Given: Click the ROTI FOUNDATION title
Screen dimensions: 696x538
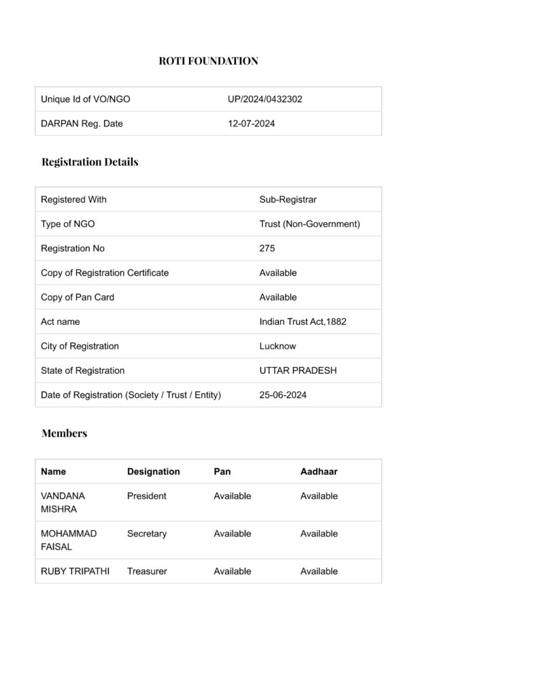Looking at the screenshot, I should [208, 61].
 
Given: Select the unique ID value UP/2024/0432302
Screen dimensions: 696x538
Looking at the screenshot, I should [265, 99].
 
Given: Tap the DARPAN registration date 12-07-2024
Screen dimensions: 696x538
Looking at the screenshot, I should [251, 124].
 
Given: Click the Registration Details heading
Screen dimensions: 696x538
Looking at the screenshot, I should [90, 162].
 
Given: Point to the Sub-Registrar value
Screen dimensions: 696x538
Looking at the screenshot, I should [288, 200].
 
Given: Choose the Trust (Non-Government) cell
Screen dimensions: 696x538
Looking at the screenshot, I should [309, 224].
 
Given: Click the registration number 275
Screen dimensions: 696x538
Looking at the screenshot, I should [267, 249].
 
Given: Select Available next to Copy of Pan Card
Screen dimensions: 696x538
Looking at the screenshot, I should [278, 298].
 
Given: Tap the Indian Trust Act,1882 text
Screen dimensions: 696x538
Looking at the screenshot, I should [303, 322].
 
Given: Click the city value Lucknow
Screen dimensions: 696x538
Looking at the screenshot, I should [278, 347].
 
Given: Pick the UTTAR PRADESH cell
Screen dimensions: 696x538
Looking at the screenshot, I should [298, 371].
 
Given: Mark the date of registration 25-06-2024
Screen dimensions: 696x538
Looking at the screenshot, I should [283, 396].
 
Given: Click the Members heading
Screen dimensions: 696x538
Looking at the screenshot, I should [64, 434].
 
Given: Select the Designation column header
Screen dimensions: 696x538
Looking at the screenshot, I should [154, 472].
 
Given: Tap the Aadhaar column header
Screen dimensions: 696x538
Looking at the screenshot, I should [319, 472].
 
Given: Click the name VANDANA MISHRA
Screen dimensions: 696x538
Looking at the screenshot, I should [63, 502].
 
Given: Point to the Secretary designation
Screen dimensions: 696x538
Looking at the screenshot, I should [147, 534].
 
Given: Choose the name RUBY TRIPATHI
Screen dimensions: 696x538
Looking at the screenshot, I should [75, 572].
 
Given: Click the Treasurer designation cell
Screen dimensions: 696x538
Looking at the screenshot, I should [147, 572].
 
